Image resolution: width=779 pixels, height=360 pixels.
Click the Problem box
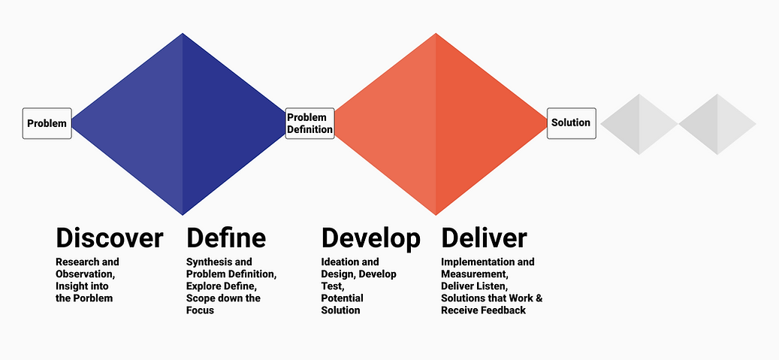(x=47, y=123)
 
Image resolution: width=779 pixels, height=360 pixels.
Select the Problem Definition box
(x=309, y=123)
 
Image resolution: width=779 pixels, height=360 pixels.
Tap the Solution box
(x=571, y=123)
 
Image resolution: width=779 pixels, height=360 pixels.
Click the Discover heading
(x=109, y=238)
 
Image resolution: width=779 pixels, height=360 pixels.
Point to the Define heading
(x=225, y=238)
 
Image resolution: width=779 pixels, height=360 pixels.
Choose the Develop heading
(x=370, y=238)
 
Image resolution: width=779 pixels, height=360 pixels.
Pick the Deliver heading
(x=484, y=238)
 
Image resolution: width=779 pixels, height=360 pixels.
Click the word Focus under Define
(x=201, y=310)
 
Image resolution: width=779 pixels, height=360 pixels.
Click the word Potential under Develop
(x=342, y=298)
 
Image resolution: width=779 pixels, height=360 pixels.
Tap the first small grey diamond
(x=639, y=124)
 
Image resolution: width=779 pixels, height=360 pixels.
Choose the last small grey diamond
(x=717, y=124)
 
